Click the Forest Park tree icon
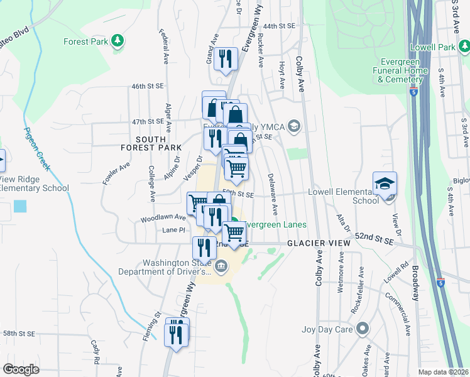(x=117, y=41)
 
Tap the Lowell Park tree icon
(x=462, y=47)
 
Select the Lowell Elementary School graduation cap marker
(x=385, y=185)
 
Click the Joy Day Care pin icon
(x=362, y=328)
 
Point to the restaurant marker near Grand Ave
(x=224, y=60)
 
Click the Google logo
(x=21, y=369)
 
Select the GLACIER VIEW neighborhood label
(x=310, y=243)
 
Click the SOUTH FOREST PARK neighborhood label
(x=145, y=143)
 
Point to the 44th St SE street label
(x=279, y=26)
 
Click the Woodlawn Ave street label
(x=163, y=218)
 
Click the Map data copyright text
(x=444, y=372)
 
